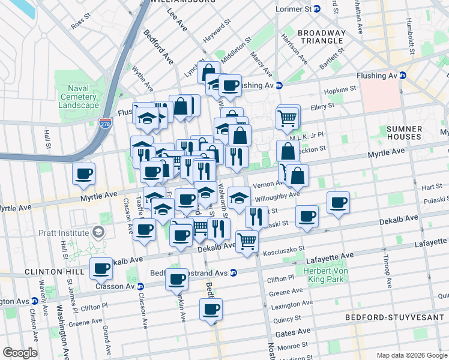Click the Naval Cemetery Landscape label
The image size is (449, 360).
(x=79, y=97)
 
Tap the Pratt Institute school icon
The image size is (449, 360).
(x=97, y=232)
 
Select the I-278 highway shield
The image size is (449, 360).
(x=106, y=122)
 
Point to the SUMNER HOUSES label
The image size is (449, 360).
(x=404, y=133)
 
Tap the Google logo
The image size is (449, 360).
(x=19, y=353)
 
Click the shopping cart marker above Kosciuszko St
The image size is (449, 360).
(x=247, y=241)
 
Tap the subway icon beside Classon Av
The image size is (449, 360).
(x=140, y=286)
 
